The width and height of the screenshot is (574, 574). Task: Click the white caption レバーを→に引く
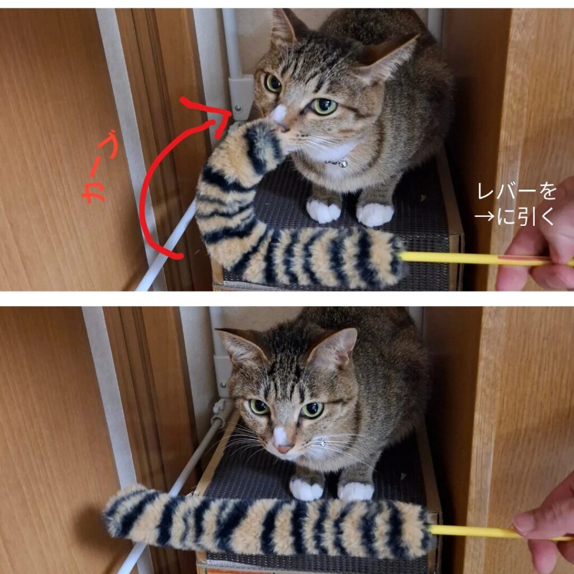[x=516, y=204]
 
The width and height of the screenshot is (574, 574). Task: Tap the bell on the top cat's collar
[x=343, y=164]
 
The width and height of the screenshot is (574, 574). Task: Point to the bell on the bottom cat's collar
[x=321, y=443]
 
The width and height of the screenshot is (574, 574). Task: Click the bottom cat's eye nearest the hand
[x=312, y=410]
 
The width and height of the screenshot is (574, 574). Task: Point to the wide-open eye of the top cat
[x=324, y=106]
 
